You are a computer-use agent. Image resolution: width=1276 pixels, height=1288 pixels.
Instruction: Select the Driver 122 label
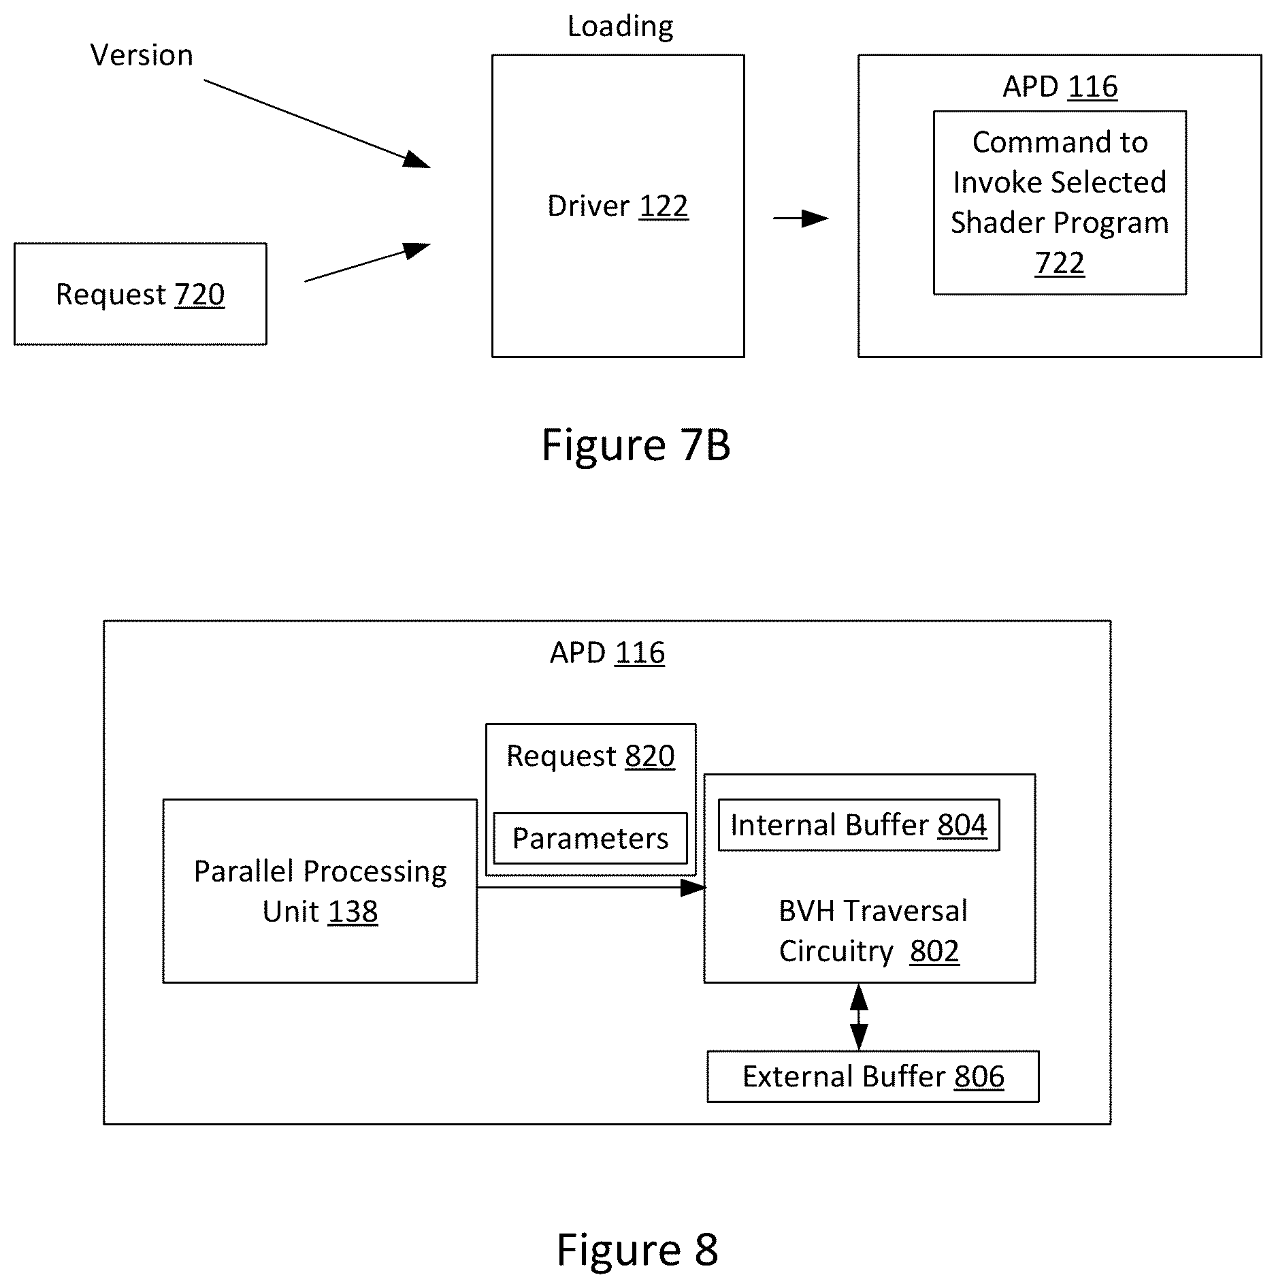pos(618,206)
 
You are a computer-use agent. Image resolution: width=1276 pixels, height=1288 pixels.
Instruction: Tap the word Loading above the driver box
pos(621,27)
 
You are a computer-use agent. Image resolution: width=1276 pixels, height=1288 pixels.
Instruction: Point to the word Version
pos(142,55)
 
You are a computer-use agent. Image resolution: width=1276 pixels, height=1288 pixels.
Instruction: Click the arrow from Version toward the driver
pos(317,123)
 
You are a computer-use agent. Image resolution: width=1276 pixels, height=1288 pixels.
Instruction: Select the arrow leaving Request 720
pos(367,262)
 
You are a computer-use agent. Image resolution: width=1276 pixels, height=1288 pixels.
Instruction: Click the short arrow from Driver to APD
pos(801,219)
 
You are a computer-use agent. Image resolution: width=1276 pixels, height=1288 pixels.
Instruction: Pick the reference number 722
pos(1060,263)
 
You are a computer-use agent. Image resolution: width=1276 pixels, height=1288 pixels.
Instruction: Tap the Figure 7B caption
pos(636,445)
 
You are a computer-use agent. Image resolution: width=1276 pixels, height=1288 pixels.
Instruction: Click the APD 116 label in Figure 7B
pos(1060,86)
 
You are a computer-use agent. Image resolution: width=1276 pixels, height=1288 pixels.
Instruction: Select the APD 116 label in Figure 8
pos(607,653)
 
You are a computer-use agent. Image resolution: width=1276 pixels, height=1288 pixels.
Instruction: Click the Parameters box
pos(590,838)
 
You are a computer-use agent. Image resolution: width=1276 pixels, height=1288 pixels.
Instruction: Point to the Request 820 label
pos(591,756)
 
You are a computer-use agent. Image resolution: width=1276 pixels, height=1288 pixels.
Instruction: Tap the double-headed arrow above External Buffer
pos(859,1017)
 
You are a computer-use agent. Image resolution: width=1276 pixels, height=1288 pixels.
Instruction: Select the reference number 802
pos(934,951)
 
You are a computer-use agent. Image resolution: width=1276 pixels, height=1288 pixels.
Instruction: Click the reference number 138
pos(353,912)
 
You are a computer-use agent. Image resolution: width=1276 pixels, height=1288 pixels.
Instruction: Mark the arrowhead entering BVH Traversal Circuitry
pos(693,888)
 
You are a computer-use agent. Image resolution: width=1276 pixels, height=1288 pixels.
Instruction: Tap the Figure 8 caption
pos(638,1249)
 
